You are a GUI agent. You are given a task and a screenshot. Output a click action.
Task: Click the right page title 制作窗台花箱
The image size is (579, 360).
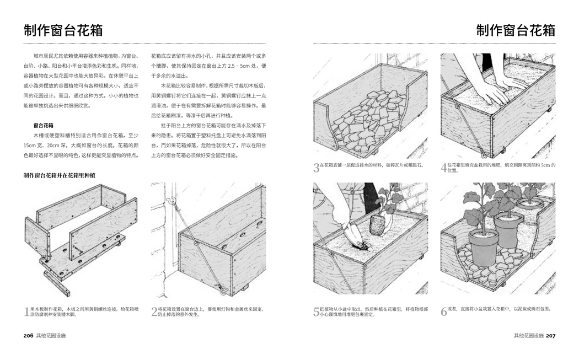tap(516, 30)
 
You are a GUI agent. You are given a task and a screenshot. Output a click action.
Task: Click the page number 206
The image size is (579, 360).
tap(29, 335)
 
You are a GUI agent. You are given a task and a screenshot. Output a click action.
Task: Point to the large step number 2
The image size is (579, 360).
tap(154, 312)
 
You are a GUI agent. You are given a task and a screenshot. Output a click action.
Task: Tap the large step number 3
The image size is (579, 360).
tap(317, 168)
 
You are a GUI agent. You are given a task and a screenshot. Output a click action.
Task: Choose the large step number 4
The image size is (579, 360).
tap(444, 168)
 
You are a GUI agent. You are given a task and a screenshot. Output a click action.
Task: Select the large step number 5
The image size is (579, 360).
tap(317, 312)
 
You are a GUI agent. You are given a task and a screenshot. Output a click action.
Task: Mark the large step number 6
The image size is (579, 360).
tap(444, 312)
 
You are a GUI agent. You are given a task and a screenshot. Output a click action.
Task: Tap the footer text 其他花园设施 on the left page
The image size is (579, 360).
tap(54, 335)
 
